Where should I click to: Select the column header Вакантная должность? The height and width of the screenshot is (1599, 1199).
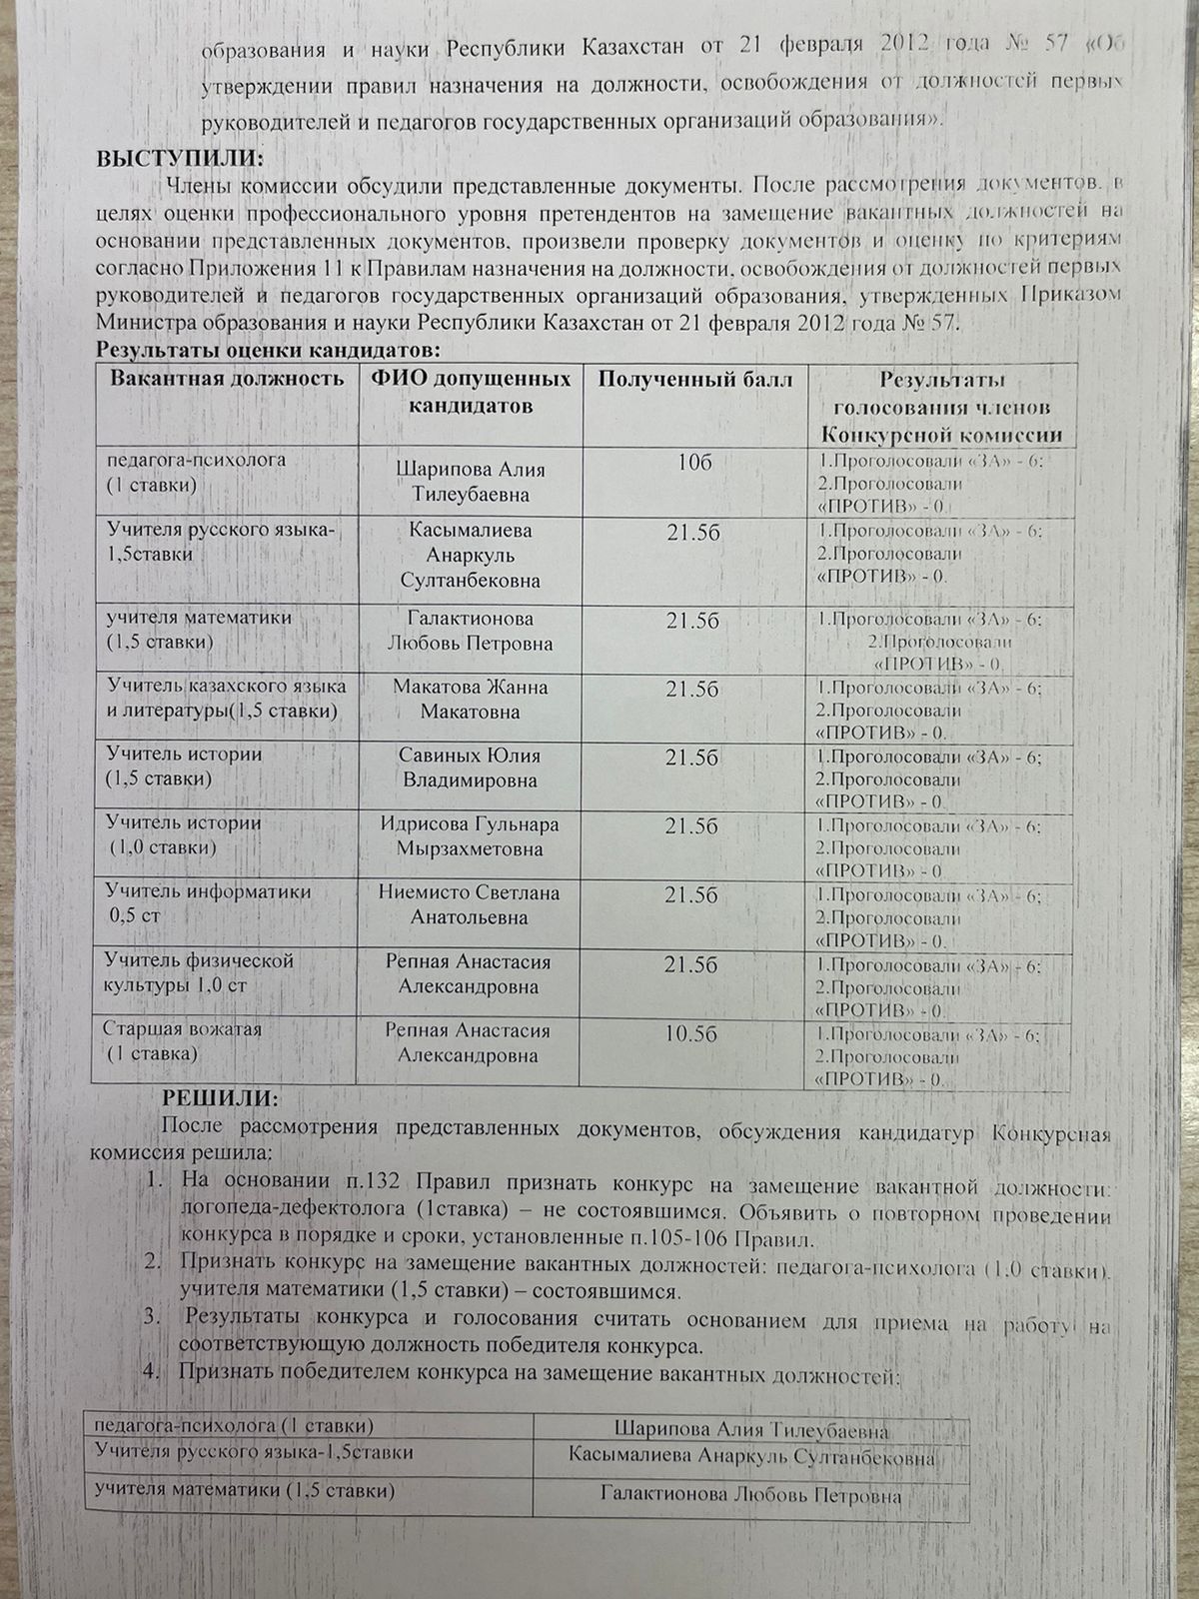coord(227,379)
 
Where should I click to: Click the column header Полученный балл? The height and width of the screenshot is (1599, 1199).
coord(695,379)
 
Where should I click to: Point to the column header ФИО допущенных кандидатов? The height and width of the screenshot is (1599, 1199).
coord(471,392)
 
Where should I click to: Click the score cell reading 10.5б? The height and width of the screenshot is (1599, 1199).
coord(691,1034)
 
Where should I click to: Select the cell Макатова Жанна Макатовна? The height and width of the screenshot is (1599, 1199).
coord(470,700)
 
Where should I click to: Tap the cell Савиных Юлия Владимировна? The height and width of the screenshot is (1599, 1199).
coord(470,768)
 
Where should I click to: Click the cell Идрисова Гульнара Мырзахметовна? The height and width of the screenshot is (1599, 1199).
coord(470,836)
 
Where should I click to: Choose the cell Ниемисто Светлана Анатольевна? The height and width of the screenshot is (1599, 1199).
coord(470,904)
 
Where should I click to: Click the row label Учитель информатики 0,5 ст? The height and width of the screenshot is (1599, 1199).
coord(208,902)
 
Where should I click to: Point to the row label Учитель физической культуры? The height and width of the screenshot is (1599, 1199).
coord(199,972)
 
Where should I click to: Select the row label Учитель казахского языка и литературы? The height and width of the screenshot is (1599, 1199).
coord(227,699)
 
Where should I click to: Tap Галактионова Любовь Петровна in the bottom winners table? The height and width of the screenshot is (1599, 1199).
coord(751,1496)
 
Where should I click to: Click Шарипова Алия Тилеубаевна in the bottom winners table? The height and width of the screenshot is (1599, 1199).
coord(751,1429)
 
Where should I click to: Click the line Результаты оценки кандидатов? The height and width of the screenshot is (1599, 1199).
coord(267,350)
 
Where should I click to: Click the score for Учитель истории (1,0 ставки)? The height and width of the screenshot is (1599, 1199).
coord(691,826)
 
